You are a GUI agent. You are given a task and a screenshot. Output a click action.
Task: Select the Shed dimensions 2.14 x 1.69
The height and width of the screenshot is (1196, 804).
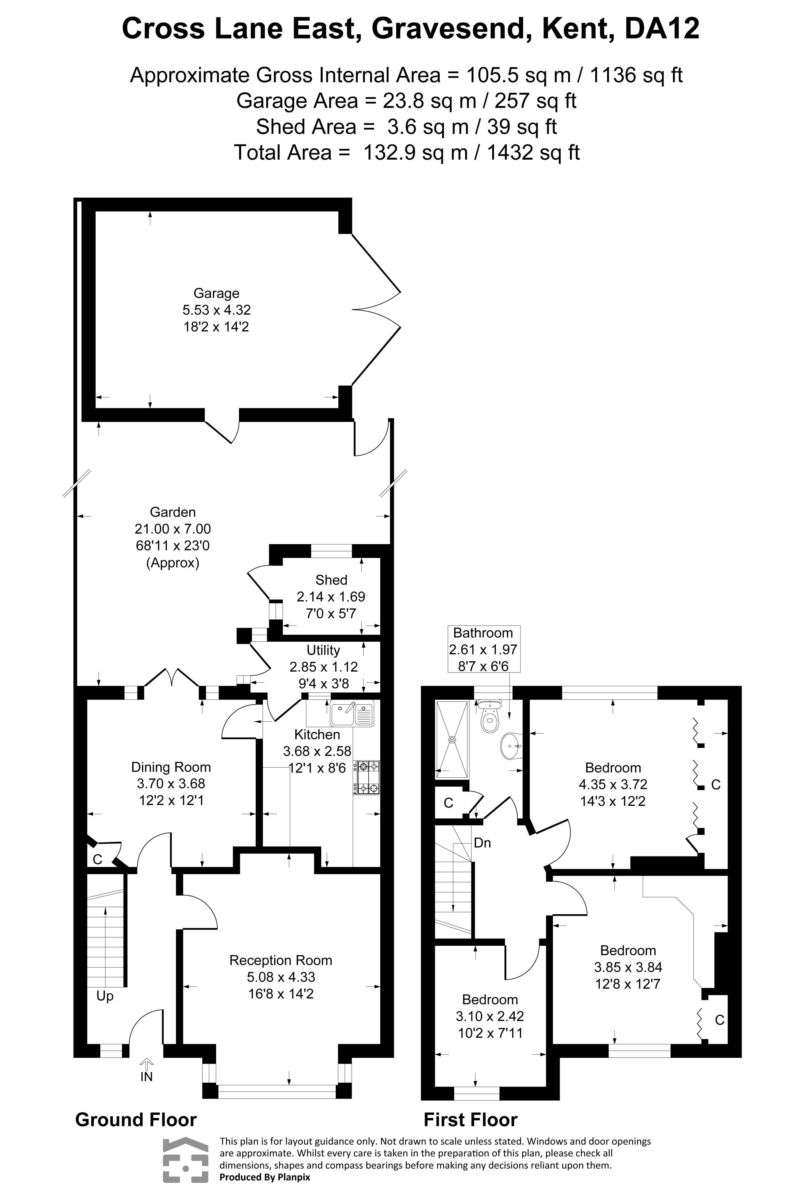point(331,597)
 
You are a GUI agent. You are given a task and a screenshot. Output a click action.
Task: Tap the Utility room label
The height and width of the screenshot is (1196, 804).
point(323,650)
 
